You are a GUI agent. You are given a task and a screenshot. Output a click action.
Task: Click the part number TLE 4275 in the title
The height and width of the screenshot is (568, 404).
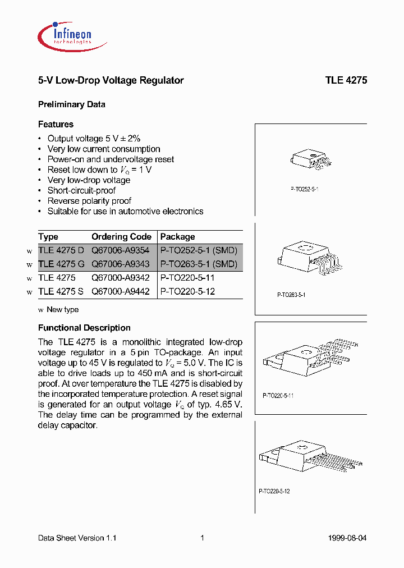coord(346,80)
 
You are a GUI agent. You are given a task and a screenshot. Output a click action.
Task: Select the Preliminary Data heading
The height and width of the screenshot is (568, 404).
coord(71,104)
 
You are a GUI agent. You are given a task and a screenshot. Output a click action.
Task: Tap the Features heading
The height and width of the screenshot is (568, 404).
coord(56,124)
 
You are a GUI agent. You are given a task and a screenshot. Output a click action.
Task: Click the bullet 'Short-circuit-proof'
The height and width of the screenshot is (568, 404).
coord(81,190)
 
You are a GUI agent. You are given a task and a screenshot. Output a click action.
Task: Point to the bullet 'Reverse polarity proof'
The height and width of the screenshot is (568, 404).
coord(89,201)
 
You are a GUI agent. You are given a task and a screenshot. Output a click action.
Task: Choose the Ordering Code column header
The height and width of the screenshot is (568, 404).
coord(121,237)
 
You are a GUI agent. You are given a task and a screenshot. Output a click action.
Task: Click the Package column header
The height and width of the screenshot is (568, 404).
coord(177,237)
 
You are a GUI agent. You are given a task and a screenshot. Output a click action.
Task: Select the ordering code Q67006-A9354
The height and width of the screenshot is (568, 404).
coord(121,250)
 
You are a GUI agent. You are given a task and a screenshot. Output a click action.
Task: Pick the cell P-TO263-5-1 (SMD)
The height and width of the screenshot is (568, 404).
coord(199,264)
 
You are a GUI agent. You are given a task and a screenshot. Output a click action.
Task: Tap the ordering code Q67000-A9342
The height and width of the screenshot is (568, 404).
coord(121,278)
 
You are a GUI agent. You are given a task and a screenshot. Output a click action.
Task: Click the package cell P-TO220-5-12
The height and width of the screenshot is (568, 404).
coord(187,291)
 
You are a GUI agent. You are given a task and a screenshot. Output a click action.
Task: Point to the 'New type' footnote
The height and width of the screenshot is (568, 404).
coord(62,309)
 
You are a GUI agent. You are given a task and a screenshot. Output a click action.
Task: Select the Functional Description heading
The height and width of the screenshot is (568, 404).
coord(84,328)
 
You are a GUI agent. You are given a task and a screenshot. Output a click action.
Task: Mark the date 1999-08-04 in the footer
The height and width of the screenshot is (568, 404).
coord(347,538)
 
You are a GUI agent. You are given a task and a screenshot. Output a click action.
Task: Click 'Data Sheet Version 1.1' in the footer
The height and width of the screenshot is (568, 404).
coord(77,538)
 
